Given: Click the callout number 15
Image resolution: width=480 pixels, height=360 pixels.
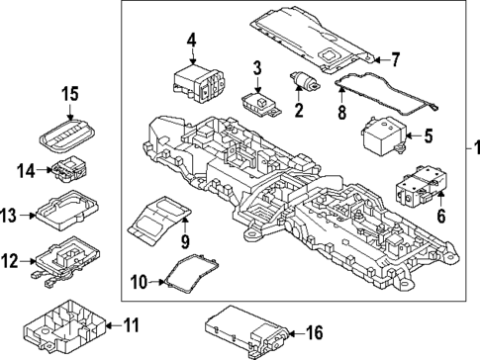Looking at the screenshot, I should click(69, 95).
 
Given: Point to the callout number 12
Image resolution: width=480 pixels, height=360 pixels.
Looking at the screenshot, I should click(9, 260).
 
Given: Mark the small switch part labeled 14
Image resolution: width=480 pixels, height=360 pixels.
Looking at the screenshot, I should click(68, 170).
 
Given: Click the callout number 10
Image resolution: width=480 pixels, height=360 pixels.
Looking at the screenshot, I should click(139, 283).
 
